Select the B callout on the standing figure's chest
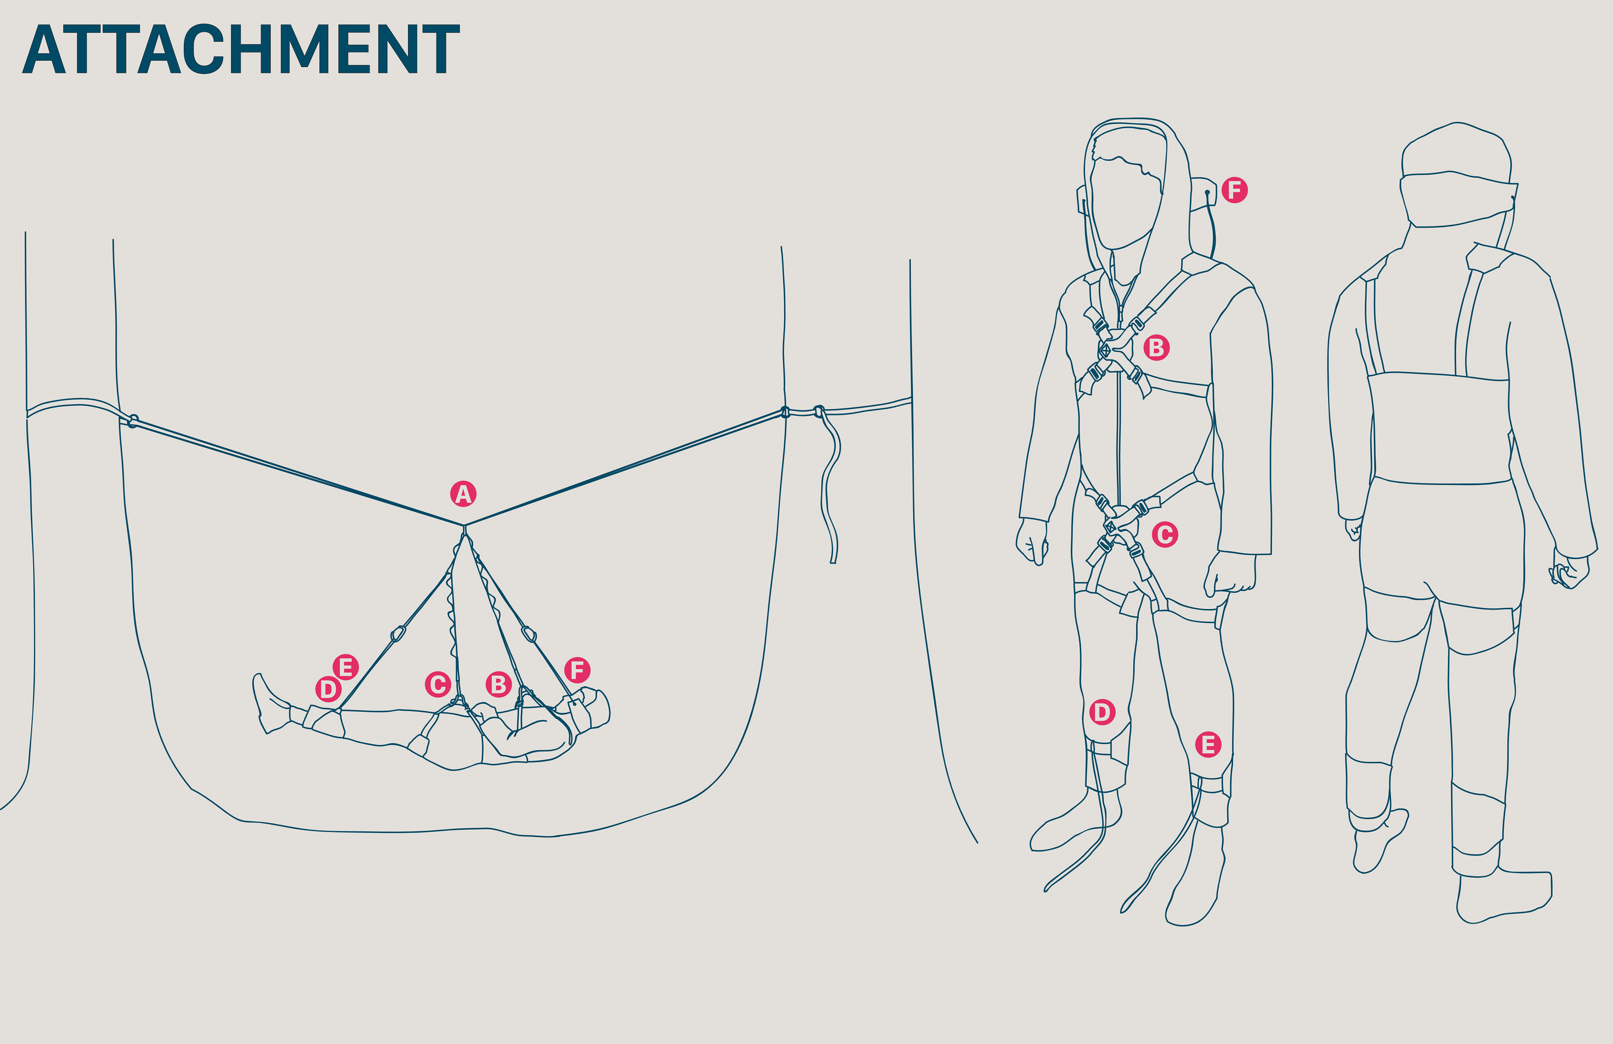[1156, 348]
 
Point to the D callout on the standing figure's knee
[1102, 712]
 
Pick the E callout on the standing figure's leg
[1208, 744]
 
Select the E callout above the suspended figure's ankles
[346, 667]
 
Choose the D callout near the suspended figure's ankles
[328, 689]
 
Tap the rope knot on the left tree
[133, 421]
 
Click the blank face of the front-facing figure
[1125, 203]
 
